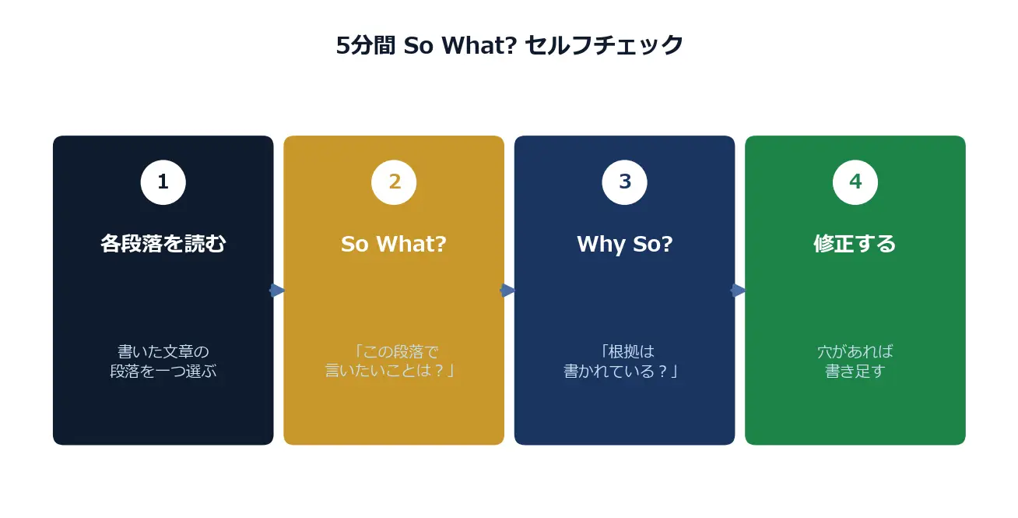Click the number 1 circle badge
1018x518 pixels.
click(163, 182)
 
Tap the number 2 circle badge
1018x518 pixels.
click(394, 182)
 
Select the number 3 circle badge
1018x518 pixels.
click(624, 182)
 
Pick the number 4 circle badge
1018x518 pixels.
click(855, 182)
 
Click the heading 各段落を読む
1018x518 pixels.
click(163, 244)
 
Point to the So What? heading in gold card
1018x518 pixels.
click(394, 245)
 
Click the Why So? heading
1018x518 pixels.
click(624, 245)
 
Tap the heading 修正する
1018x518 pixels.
click(855, 244)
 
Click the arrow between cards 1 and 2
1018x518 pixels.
click(277, 290)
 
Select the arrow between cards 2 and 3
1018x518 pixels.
click(507, 290)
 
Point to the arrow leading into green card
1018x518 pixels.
click(738, 290)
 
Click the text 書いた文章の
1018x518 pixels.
click(163, 351)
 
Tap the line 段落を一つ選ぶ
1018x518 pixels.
click(163, 371)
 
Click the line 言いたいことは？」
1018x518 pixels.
click(390, 371)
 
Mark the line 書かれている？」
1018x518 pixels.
click(621, 371)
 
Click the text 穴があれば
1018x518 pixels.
click(855, 351)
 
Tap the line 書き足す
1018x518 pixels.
click(855, 371)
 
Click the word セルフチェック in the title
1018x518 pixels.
click(604, 45)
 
